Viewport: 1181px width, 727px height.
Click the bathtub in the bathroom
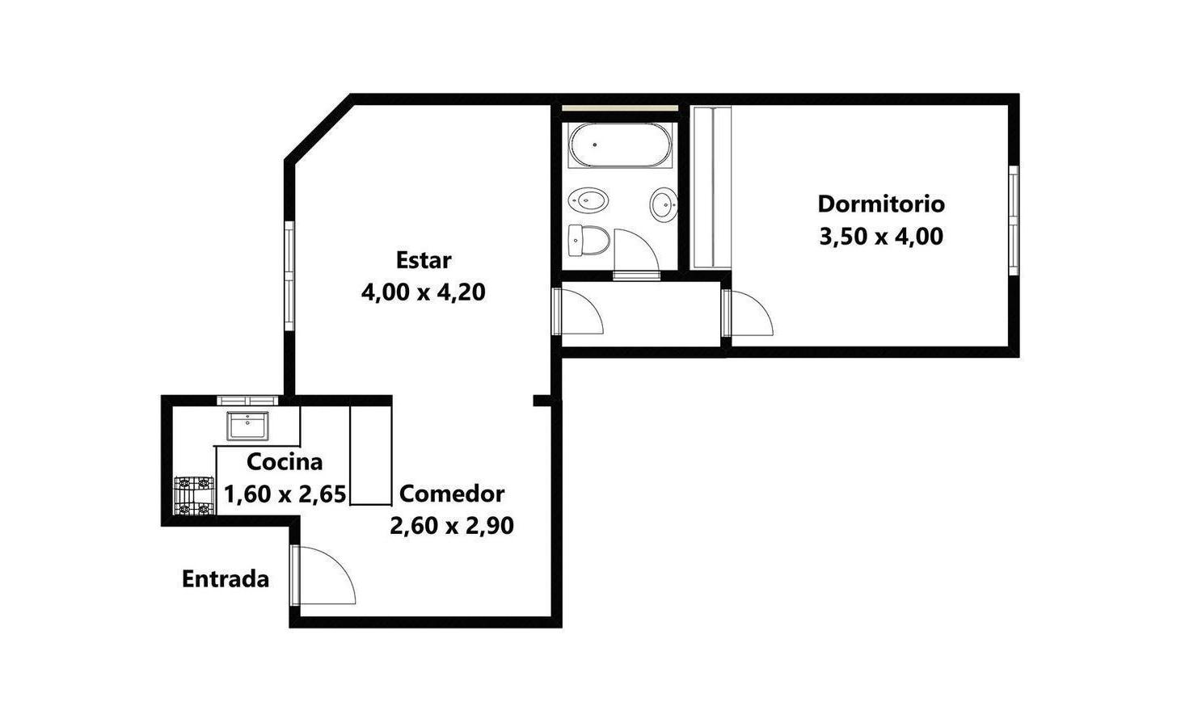tap(620, 145)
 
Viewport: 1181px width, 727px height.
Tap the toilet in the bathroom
tap(589, 240)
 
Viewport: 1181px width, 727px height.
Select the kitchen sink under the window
tap(247, 426)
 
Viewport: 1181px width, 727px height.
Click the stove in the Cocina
tap(194, 495)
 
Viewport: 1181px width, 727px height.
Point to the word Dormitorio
tap(881, 204)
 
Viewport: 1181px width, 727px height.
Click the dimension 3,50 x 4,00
tap(881, 237)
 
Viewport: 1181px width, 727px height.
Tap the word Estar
tap(424, 260)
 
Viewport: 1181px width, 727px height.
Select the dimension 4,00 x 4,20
tap(423, 292)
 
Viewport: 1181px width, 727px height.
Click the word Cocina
tap(285, 462)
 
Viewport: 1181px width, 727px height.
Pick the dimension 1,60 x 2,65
tap(285, 494)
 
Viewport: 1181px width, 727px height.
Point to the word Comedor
tap(452, 494)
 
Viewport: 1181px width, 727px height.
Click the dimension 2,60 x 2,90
tap(452, 526)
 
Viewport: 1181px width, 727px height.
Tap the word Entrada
tap(226, 579)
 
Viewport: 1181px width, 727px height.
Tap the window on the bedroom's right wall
tap(1014, 221)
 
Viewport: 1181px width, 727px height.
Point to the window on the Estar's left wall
tap(289, 276)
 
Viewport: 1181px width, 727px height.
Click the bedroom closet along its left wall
tap(712, 188)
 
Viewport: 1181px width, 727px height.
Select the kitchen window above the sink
tap(247, 401)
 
